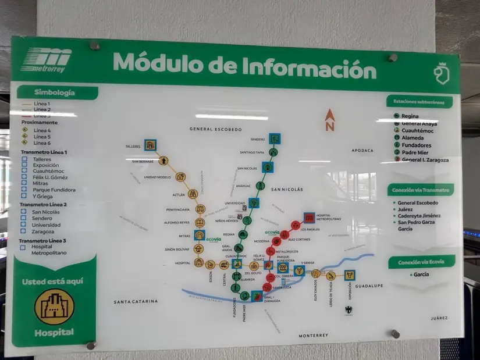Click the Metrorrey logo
click(x=46, y=60)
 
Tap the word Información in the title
click(x=309, y=66)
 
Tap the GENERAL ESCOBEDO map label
click(x=215, y=129)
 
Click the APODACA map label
click(x=362, y=150)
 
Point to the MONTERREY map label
click(x=314, y=336)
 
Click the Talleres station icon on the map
click(x=151, y=144)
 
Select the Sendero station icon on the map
click(x=275, y=138)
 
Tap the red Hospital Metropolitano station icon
click(x=310, y=218)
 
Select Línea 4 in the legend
click(x=42, y=130)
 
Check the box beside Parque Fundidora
click(x=25, y=190)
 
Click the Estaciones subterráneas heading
click(x=418, y=102)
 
